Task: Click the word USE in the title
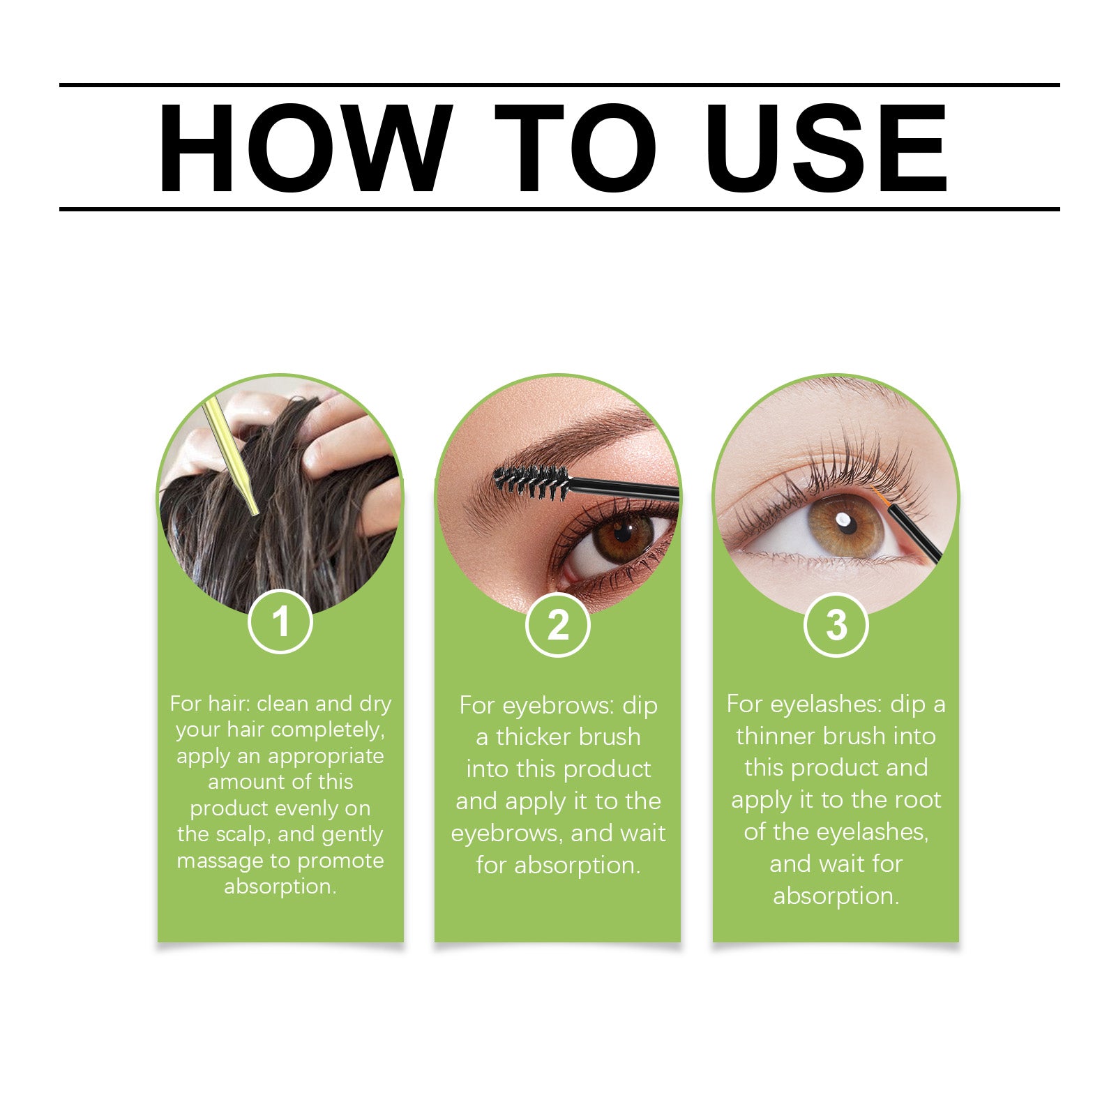(826, 148)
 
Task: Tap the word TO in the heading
(576, 148)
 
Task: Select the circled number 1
(280, 621)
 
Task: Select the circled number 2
(557, 624)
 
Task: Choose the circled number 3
(836, 624)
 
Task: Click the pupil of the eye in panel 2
(623, 534)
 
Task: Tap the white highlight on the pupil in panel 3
(843, 520)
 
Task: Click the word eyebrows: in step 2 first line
(558, 706)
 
